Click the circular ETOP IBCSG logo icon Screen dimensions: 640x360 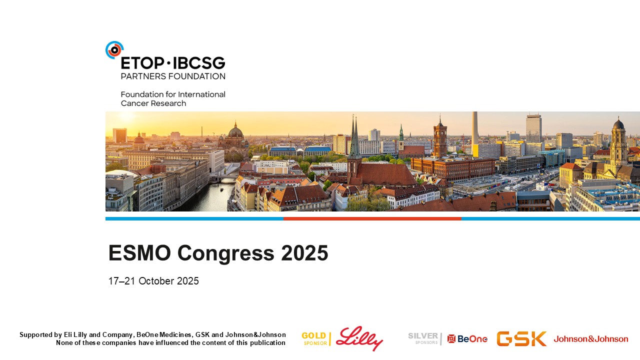(x=114, y=50)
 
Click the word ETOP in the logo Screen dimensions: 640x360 (x=142, y=63)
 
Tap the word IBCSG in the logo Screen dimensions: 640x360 (x=199, y=63)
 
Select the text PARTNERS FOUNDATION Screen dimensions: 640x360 (x=173, y=76)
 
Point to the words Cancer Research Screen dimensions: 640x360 (x=153, y=103)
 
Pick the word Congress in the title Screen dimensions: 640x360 (x=225, y=253)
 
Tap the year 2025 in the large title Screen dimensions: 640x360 (x=304, y=253)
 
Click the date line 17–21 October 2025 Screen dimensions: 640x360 (x=153, y=281)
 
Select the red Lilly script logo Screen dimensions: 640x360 (x=359, y=338)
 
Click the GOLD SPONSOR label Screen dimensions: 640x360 (x=314, y=338)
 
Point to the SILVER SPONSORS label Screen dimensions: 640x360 (x=423, y=338)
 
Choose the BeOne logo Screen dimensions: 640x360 (x=467, y=339)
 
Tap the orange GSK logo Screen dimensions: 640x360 (x=521, y=338)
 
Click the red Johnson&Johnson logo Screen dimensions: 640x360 (x=591, y=339)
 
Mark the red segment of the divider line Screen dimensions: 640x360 (x=372, y=219)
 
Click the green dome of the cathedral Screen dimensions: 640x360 (x=235, y=132)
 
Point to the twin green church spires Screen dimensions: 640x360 (x=354, y=137)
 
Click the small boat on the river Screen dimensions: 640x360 (x=221, y=189)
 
